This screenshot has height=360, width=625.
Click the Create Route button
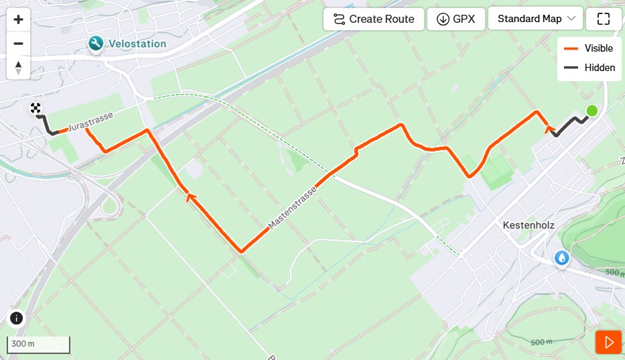click(x=374, y=19)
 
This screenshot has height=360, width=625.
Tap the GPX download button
click(x=456, y=19)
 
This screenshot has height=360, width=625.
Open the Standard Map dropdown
click(x=535, y=19)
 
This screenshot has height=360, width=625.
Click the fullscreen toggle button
click(x=604, y=19)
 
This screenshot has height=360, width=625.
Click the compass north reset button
click(x=18, y=67)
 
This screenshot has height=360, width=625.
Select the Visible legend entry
click(x=589, y=48)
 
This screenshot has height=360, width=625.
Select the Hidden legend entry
click(x=589, y=68)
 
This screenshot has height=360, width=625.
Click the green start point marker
click(x=592, y=111)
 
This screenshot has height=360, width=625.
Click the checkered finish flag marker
click(x=36, y=107)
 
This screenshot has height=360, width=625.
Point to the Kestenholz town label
click(x=526, y=225)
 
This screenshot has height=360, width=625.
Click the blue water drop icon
click(x=561, y=258)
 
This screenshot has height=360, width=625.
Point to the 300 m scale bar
click(x=38, y=345)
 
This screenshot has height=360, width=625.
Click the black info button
click(x=17, y=318)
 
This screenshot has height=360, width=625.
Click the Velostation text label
click(x=137, y=44)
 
